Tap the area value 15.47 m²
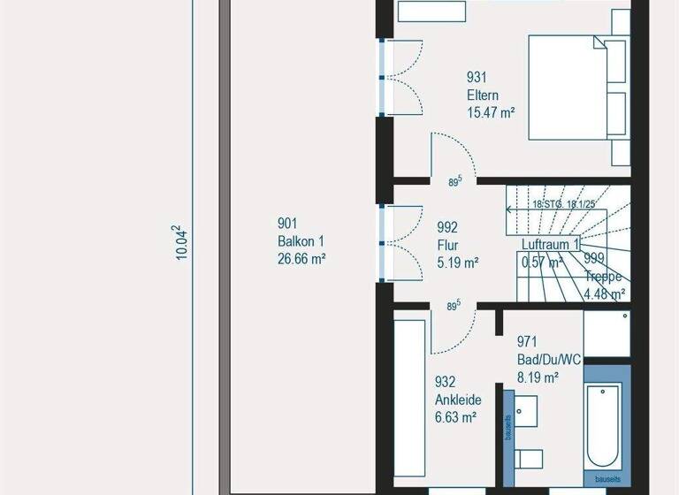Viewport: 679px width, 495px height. pyautogui.click(x=491, y=112)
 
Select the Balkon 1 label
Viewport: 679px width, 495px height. pyautogui.click(x=301, y=240)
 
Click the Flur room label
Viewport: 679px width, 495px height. pyautogui.click(x=446, y=245)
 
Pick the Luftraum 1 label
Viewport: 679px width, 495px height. pyautogui.click(x=550, y=244)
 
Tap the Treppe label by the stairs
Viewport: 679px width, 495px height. pyautogui.click(x=605, y=277)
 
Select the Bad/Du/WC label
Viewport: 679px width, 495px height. pyautogui.click(x=549, y=360)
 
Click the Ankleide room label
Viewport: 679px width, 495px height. pyautogui.click(x=457, y=400)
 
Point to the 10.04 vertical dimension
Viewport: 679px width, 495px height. pyautogui.click(x=181, y=241)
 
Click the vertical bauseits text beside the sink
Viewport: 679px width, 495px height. pyautogui.click(x=509, y=425)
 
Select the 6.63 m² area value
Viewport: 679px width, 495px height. pyautogui.click(x=456, y=417)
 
